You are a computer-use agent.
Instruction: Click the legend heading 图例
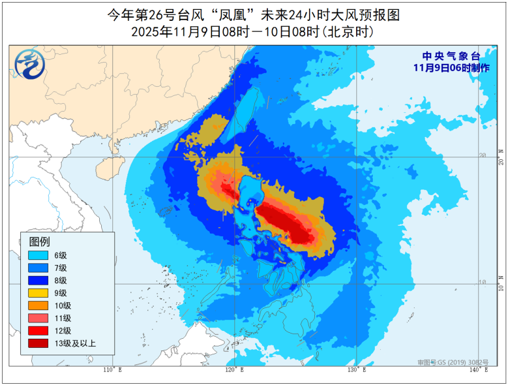pos(40,241)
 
